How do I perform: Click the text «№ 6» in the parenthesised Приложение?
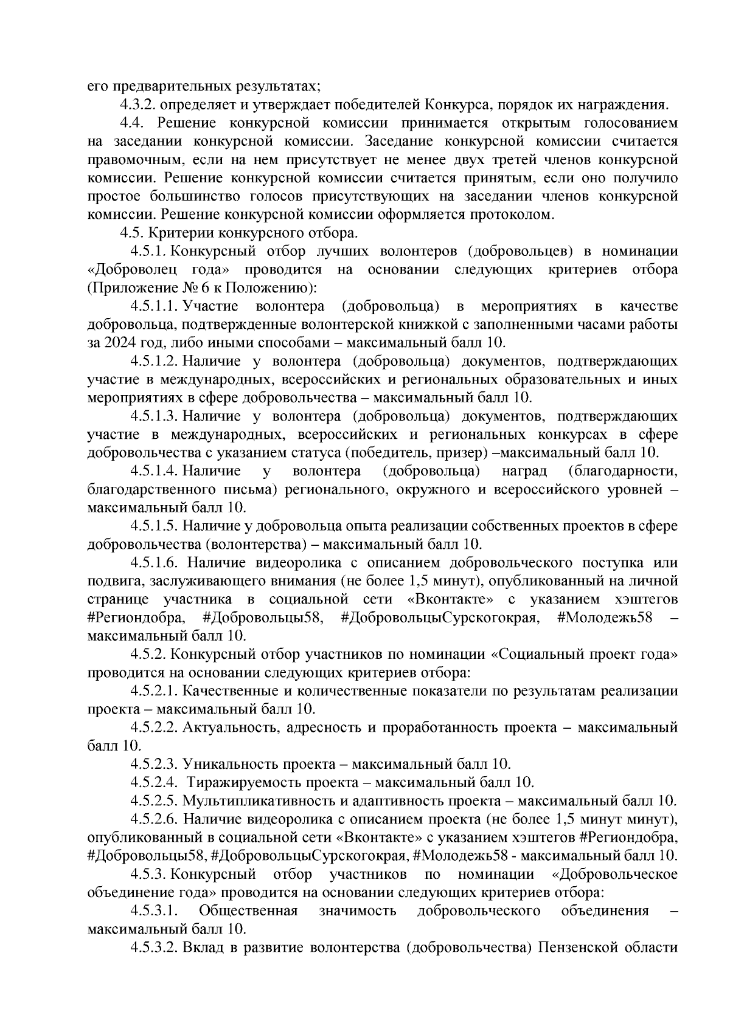(x=187, y=287)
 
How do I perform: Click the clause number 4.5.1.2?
(x=153, y=361)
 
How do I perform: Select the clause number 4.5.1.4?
(x=153, y=471)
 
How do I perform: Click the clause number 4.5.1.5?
(x=153, y=526)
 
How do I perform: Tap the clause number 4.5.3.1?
(x=153, y=910)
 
